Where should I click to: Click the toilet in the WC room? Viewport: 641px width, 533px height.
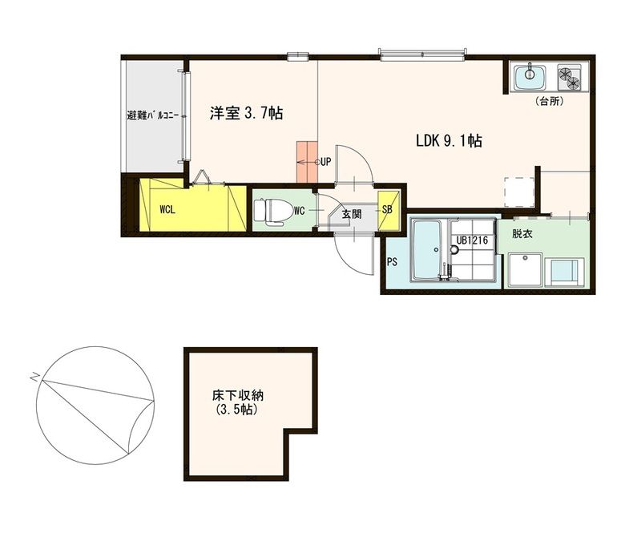268,212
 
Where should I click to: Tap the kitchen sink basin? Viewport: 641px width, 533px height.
530,77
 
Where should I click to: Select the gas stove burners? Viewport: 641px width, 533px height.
570,77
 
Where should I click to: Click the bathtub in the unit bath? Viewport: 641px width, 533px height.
426,250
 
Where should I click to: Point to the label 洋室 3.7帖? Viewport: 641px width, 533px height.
246,113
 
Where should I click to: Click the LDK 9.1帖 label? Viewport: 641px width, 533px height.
449,141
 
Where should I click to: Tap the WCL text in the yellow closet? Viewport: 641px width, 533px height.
167,210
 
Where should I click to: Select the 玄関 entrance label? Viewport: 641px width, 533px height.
352,213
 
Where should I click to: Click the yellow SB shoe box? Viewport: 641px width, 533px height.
388,211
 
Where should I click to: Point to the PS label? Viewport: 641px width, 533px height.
392,261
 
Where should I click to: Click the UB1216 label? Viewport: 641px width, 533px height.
472,240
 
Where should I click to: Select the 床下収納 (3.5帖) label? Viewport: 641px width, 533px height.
237,402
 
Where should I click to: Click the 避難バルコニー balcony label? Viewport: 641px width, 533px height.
152,115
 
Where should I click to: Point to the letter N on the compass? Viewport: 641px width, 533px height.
34,377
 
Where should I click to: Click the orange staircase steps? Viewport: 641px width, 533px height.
307,162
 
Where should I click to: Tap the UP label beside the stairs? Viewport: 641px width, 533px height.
325,162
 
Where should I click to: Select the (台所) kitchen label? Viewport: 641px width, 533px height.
550,102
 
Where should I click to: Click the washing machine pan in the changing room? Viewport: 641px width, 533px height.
526,269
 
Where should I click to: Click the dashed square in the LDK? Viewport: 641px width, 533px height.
519,192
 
